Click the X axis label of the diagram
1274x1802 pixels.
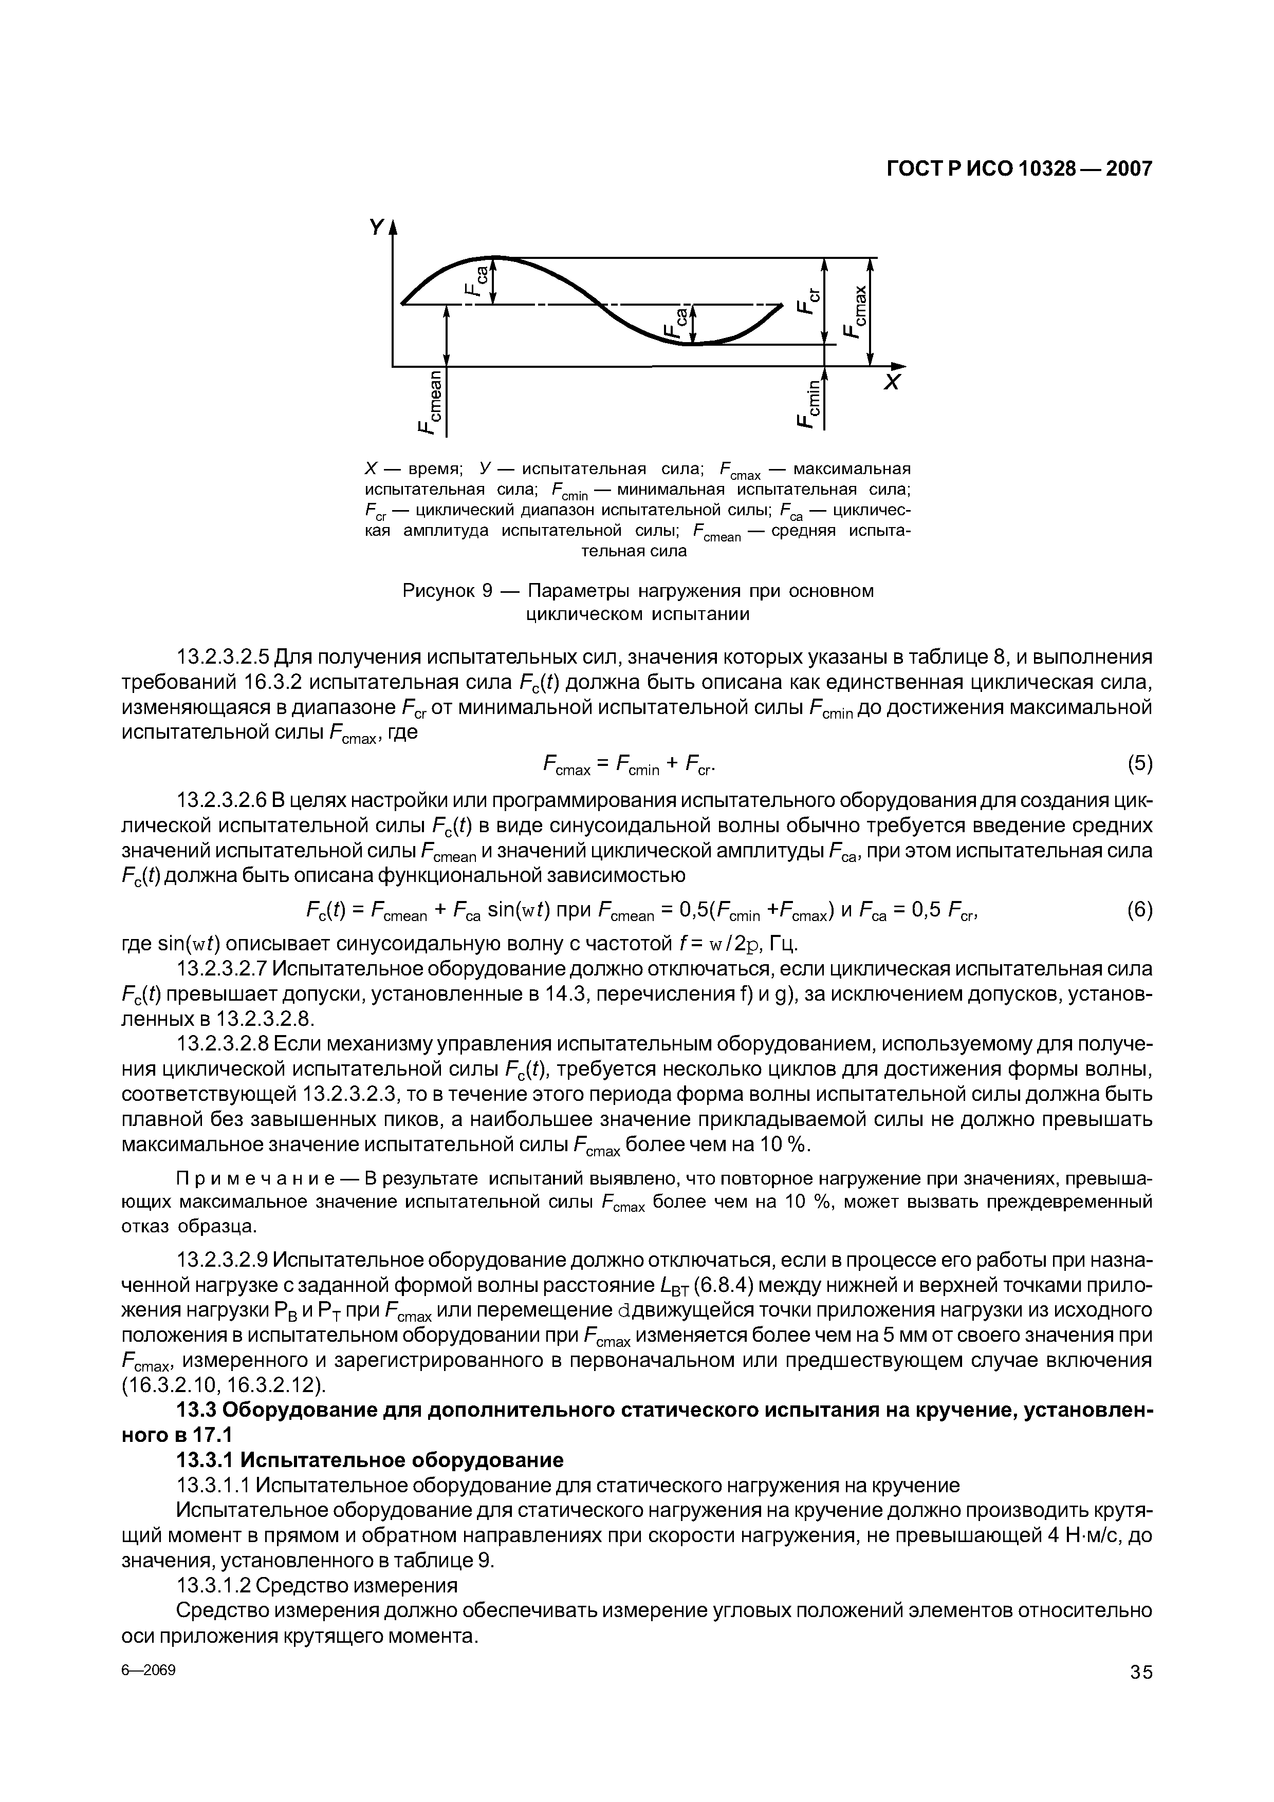coord(893,383)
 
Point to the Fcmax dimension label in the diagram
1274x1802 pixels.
coord(857,310)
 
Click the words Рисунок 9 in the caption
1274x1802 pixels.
coord(448,590)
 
